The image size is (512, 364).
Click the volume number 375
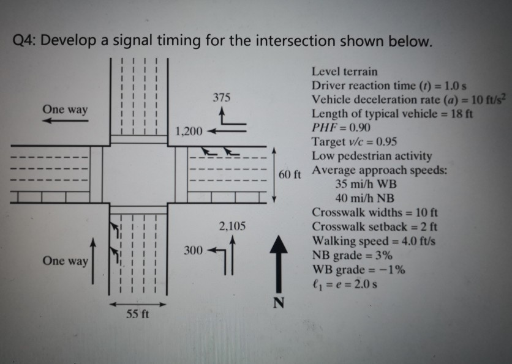tap(222, 97)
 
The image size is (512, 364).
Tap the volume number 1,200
tap(189, 131)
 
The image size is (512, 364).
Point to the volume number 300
tap(192, 251)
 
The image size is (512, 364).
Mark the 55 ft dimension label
tap(138, 315)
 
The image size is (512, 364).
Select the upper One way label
tap(65, 109)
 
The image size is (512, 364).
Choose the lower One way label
tap(65, 261)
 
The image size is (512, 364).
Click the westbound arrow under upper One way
tap(65, 121)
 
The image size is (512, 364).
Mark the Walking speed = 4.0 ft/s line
tap(374, 241)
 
